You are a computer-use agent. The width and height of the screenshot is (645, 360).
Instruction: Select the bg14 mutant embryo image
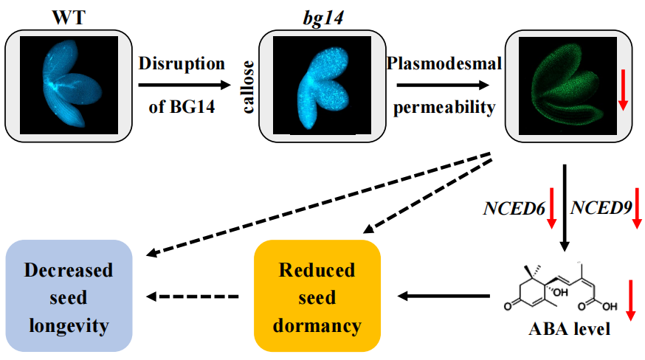click(318, 86)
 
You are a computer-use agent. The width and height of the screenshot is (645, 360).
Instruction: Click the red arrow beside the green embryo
click(623, 90)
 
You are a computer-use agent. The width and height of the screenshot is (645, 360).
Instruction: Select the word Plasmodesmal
click(444, 65)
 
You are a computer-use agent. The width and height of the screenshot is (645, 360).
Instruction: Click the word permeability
click(444, 108)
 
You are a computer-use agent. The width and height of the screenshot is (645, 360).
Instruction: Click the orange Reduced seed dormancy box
click(317, 296)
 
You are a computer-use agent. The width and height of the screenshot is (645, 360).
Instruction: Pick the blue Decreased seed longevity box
click(69, 296)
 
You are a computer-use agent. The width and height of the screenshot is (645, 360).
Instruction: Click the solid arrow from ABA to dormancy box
click(444, 296)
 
